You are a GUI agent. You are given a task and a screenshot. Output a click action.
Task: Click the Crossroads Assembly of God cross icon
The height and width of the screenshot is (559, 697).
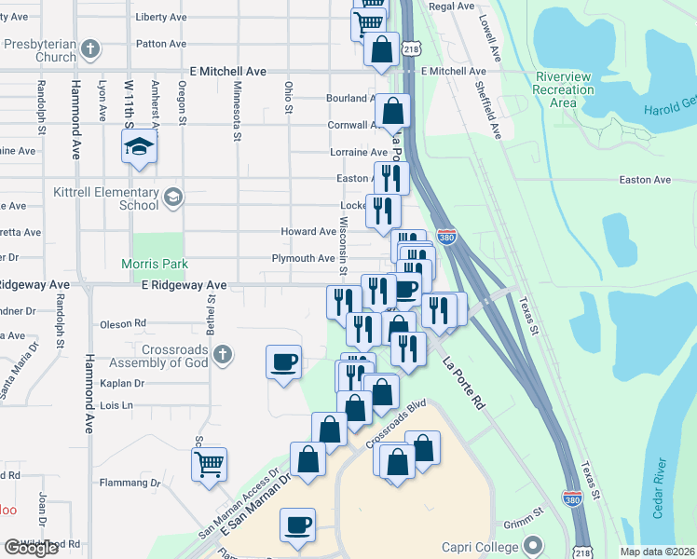point(222,354)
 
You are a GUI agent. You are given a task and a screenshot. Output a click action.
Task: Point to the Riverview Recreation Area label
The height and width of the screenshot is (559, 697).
point(564,89)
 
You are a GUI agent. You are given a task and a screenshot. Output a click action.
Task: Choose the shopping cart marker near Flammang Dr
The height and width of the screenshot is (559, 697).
point(210,463)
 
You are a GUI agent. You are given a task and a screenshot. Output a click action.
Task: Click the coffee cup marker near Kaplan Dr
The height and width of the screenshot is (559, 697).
point(284,362)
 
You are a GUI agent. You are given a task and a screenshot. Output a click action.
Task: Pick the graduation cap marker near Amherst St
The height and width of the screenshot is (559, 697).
point(139,147)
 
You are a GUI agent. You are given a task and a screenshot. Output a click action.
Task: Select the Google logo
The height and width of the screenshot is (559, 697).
point(31,548)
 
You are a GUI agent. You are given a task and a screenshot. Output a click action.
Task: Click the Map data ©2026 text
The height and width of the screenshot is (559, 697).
point(657,552)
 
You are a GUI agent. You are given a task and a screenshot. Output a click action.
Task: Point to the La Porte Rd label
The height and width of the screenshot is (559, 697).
point(465,383)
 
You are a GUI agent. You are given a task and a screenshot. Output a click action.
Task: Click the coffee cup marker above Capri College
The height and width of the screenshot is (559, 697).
point(298,525)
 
